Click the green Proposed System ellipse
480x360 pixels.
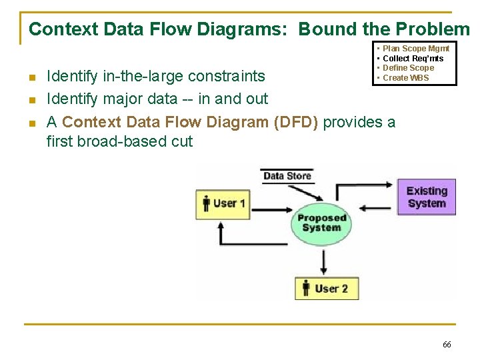pyautogui.click(x=321, y=222)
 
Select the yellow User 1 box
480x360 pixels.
pyautogui.click(x=223, y=203)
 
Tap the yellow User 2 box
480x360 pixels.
pyautogui.click(x=326, y=288)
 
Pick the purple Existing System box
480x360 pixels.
pyautogui.click(x=427, y=197)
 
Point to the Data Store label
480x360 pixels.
pyautogui.click(x=287, y=176)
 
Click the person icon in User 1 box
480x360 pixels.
pyautogui.click(x=206, y=203)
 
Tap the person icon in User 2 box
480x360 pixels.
pyautogui.click(x=306, y=288)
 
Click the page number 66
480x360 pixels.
pyautogui.click(x=446, y=345)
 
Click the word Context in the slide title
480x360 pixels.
pyautogui.click(x=54, y=29)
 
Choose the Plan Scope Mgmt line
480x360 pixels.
pyautogui.click(x=416, y=49)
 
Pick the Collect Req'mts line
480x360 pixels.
pyautogui.click(x=413, y=59)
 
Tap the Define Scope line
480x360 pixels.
pyautogui.click(x=408, y=68)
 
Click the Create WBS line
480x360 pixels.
pyautogui.click(x=405, y=78)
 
